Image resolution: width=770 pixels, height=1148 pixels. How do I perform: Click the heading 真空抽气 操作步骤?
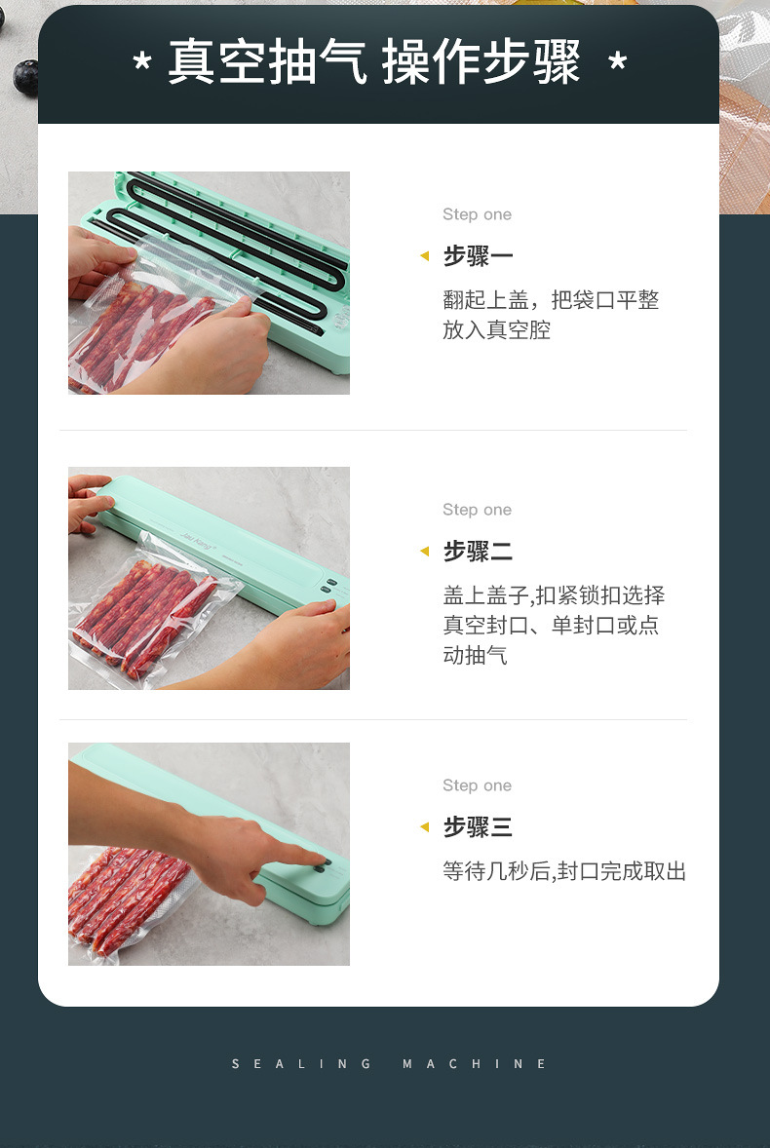(x=374, y=62)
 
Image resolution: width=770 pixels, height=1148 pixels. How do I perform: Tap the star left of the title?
(x=142, y=61)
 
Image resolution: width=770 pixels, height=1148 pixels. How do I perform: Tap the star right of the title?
(x=618, y=61)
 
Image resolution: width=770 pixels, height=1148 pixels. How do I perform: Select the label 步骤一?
(x=478, y=256)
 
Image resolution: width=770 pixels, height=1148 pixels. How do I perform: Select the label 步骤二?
(x=478, y=552)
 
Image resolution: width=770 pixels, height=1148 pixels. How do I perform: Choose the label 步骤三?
(x=478, y=827)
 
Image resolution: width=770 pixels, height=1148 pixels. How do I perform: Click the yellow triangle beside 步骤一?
(x=424, y=255)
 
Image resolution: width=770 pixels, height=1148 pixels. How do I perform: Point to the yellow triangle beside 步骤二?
(x=424, y=551)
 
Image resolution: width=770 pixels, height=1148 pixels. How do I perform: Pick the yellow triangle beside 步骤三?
(x=424, y=826)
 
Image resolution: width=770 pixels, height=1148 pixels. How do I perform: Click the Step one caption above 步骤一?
(x=478, y=214)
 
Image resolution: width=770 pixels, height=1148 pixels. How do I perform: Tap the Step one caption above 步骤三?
(x=478, y=785)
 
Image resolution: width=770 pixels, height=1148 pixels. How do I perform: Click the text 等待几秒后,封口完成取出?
(x=564, y=871)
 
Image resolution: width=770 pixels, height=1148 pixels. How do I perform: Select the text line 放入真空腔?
(x=496, y=330)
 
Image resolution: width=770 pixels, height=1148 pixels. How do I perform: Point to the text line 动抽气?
(x=475, y=655)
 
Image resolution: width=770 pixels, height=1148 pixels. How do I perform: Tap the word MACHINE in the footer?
(x=475, y=1064)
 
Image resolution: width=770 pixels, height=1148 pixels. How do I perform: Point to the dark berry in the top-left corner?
(x=25, y=77)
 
